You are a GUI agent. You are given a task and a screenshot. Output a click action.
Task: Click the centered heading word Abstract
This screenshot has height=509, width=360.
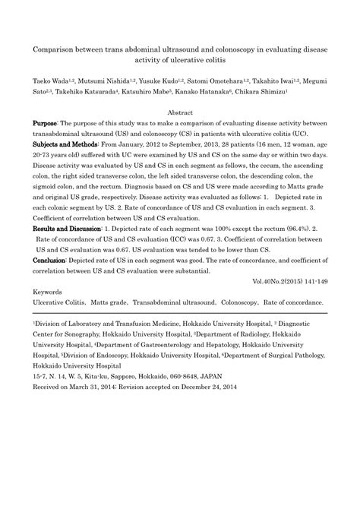click(x=180, y=112)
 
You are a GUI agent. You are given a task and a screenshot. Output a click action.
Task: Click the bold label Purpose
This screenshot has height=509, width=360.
click(x=45, y=122)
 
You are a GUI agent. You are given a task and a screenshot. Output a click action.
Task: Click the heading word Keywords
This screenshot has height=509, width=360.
click(x=47, y=292)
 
